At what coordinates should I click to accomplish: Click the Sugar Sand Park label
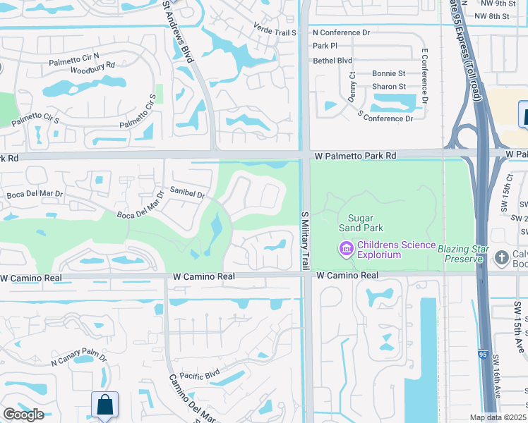coord(364,223)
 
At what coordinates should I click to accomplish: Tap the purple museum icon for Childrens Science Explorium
coord(345,249)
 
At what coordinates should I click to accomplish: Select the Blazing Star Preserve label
coord(463,254)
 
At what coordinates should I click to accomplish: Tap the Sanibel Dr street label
coord(187,193)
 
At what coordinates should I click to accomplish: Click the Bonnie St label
coord(389,73)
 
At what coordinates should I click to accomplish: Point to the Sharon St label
coord(389,87)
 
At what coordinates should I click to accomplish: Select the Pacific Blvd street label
coord(201,376)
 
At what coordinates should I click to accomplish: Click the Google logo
coord(23,415)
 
